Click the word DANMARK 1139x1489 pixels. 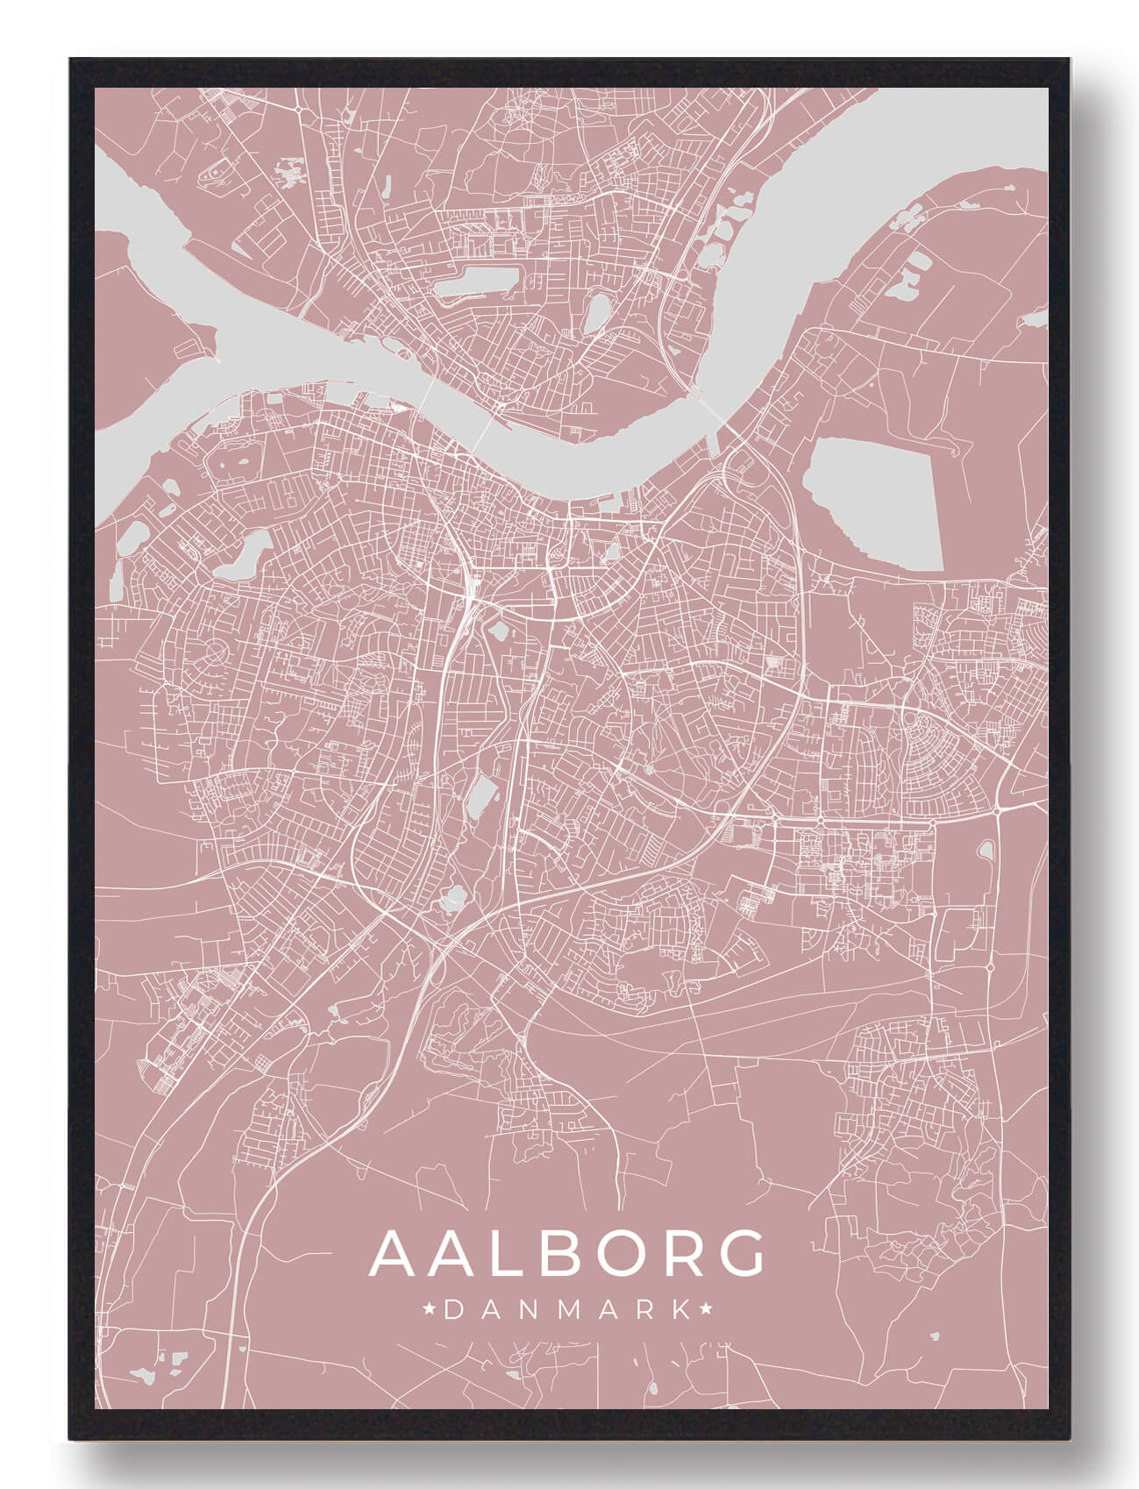(x=567, y=1311)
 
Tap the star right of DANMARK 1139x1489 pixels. (x=705, y=1310)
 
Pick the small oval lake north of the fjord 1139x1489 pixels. (x=596, y=313)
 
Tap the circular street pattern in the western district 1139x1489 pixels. (x=213, y=652)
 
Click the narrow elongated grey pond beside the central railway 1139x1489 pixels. (x=480, y=798)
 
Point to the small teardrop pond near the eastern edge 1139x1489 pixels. (x=986, y=849)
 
